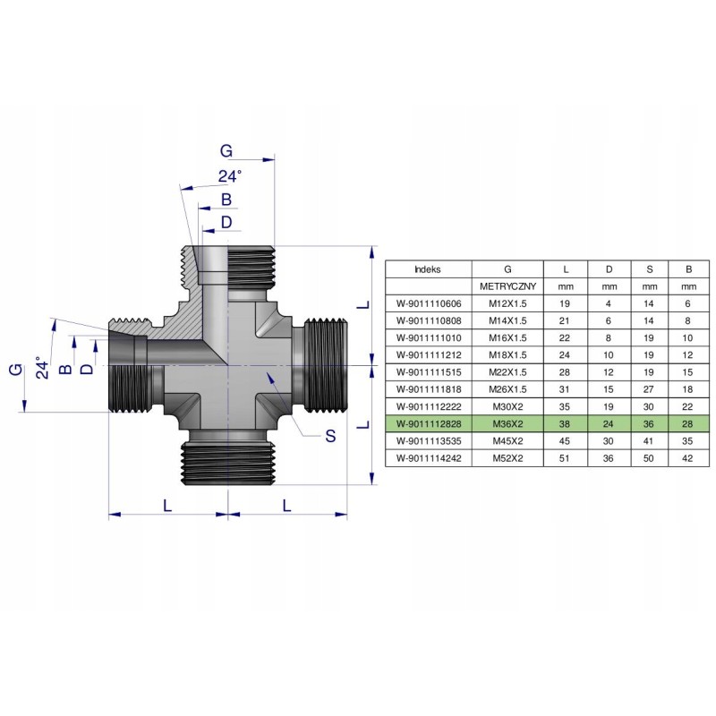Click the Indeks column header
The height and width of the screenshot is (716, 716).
[x=428, y=268]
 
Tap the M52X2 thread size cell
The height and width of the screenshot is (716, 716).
[x=507, y=457]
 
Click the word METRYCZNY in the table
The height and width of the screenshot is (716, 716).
[x=507, y=286]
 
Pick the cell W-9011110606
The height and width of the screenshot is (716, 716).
[x=428, y=303]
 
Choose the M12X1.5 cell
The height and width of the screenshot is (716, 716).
[x=507, y=303]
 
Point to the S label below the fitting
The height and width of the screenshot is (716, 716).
[x=329, y=436]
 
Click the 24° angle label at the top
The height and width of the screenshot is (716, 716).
[x=230, y=175]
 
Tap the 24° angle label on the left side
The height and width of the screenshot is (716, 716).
[x=39, y=368]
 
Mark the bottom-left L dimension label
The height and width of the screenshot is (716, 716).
[x=167, y=505]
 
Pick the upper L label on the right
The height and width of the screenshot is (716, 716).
[x=362, y=304]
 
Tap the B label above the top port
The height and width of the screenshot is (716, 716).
[x=226, y=199]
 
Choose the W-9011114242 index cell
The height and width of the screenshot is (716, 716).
[x=428, y=457]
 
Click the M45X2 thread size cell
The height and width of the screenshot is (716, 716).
[x=507, y=440]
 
